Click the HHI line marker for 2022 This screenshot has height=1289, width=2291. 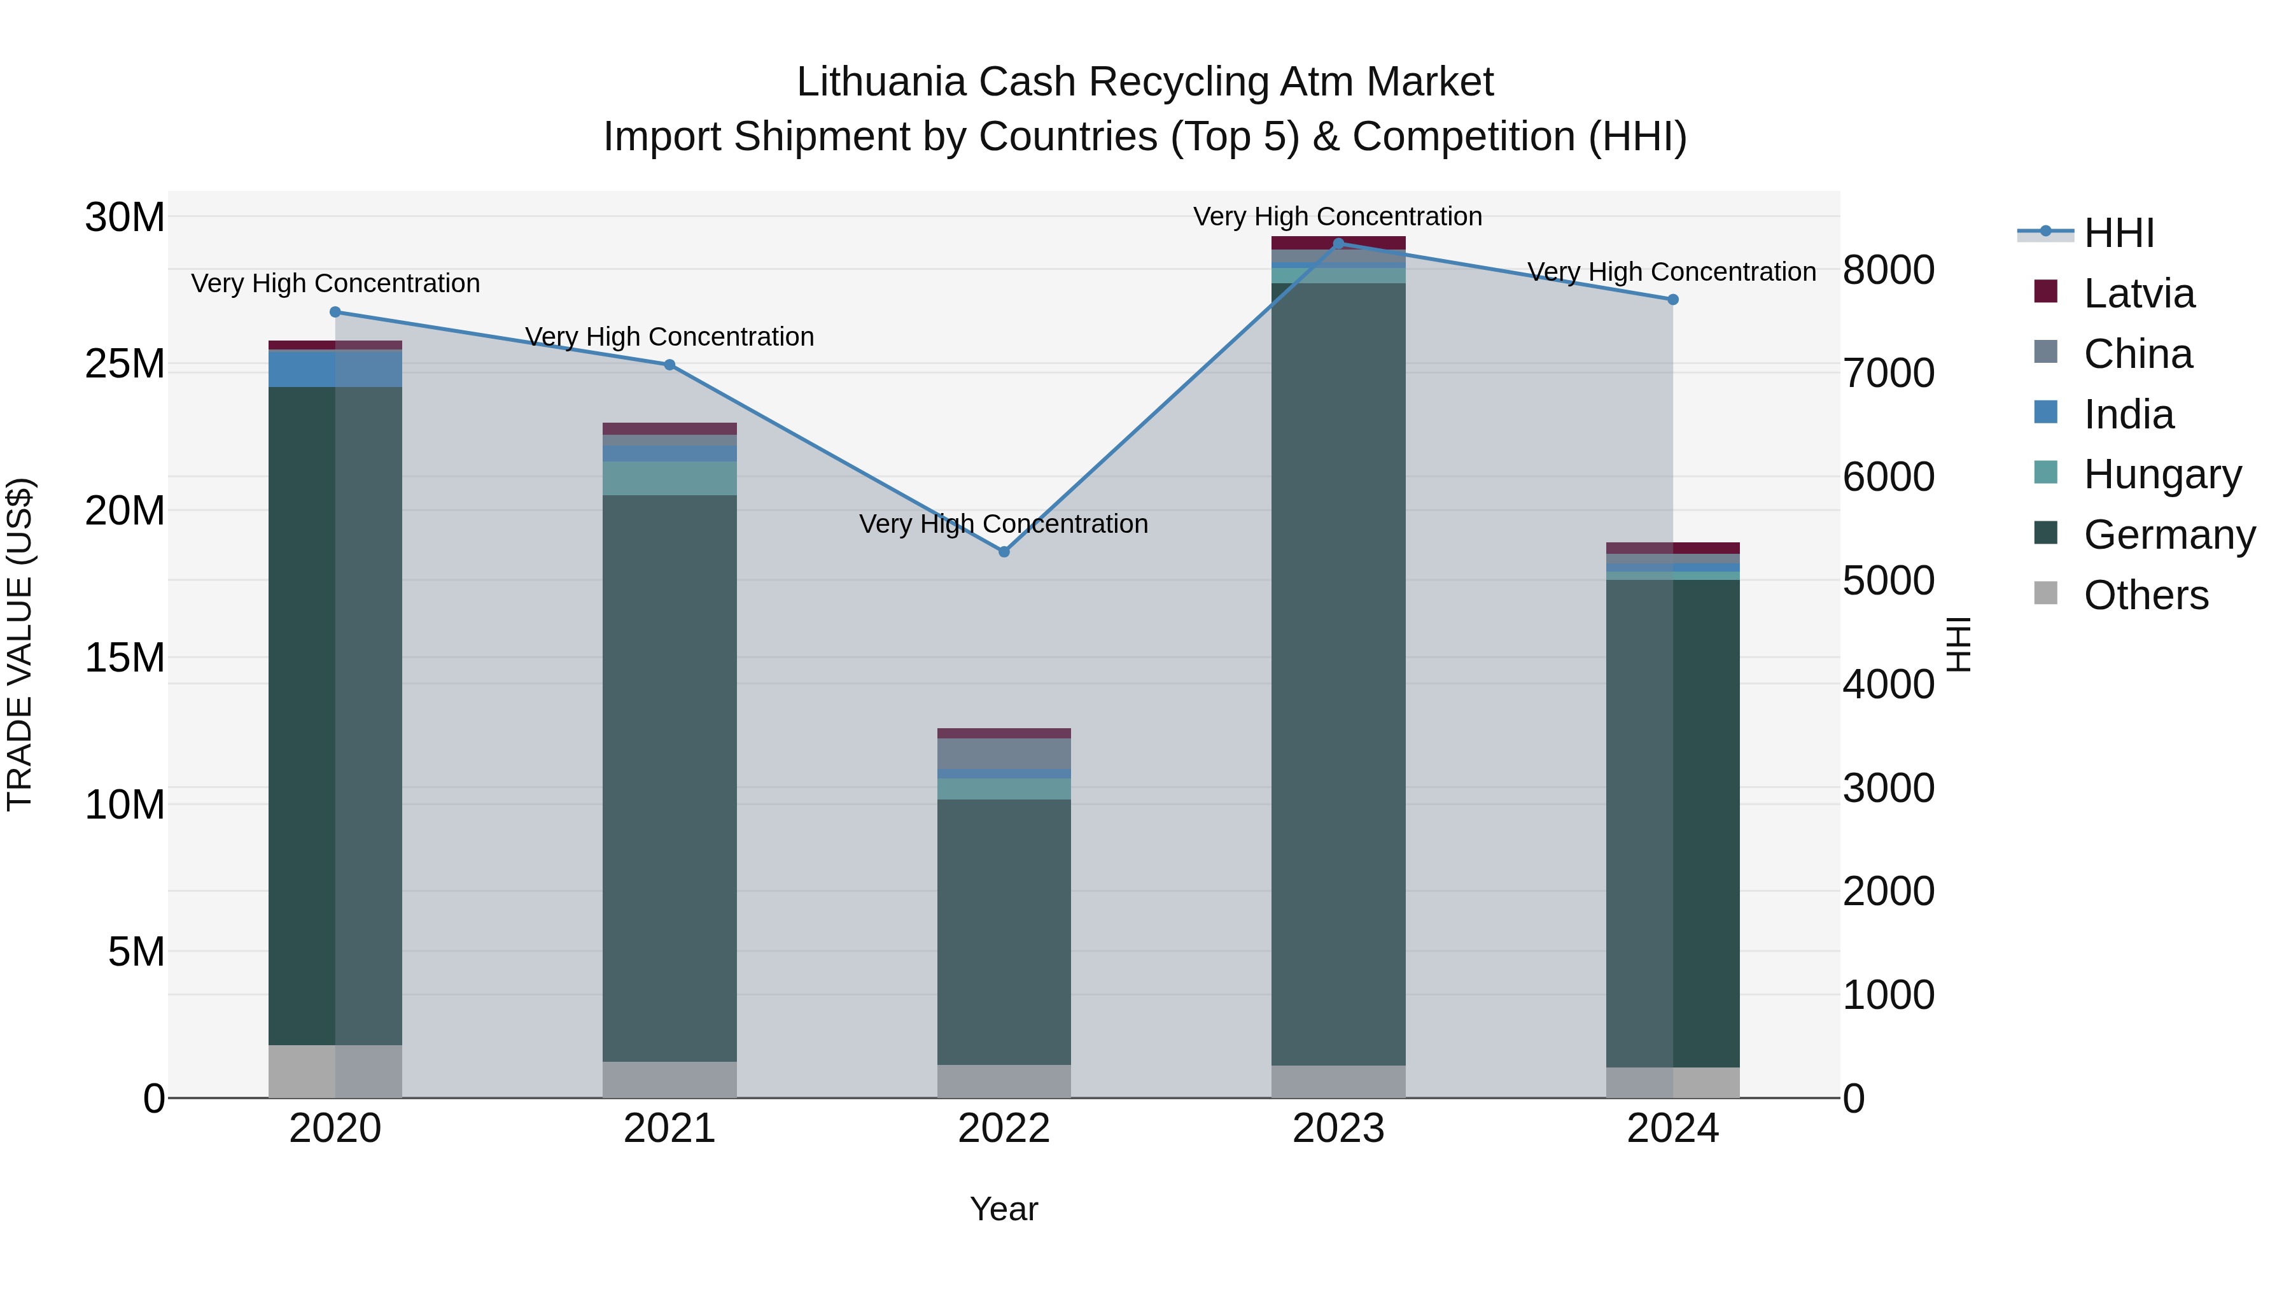click(1004, 551)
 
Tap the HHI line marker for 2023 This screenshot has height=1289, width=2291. click(1338, 243)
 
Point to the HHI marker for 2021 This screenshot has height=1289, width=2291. click(669, 365)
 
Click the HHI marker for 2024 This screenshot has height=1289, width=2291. click(1673, 300)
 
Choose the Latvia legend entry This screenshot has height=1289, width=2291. click(2138, 293)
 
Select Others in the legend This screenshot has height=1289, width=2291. click(2145, 595)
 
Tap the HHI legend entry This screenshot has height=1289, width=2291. click(2119, 233)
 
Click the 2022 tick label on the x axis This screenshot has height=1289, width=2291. click(1004, 1129)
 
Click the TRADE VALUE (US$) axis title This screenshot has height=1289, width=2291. click(20, 644)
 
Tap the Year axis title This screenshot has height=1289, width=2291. click(1004, 1209)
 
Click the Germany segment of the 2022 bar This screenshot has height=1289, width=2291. click(1004, 931)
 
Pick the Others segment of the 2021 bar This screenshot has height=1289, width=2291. click(669, 1079)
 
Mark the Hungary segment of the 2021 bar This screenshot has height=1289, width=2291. click(669, 477)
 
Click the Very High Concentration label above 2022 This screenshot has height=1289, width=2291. click(1004, 524)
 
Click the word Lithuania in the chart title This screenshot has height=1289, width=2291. click(881, 82)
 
